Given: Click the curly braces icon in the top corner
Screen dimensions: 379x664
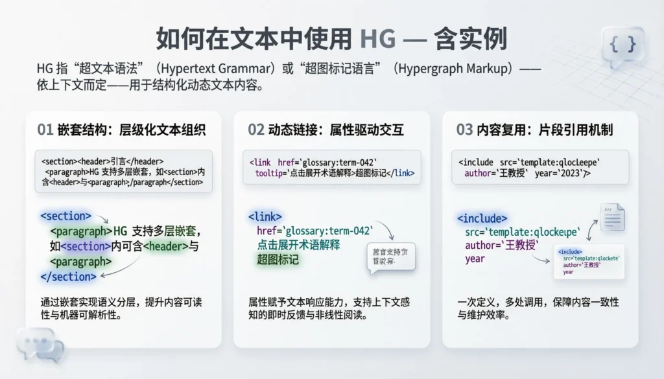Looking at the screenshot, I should pyautogui.click(x=622, y=44).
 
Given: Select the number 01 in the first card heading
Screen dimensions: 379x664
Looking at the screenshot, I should pyautogui.click(x=45, y=130).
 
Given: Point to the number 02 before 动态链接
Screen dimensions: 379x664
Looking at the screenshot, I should pyautogui.click(x=256, y=130).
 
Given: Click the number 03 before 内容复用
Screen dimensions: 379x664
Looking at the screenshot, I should pyautogui.click(x=464, y=130).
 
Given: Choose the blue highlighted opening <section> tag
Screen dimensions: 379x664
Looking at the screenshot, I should pyautogui.click(x=65, y=216).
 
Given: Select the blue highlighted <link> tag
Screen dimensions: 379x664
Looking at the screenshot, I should pyautogui.click(x=265, y=216).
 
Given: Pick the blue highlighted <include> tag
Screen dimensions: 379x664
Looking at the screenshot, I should pyautogui.click(x=482, y=218).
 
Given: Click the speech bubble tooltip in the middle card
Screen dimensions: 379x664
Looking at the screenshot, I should pyautogui.click(x=390, y=258).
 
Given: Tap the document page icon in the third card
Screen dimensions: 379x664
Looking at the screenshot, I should pyautogui.click(x=612, y=218).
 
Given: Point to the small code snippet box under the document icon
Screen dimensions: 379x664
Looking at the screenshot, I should pyautogui.click(x=589, y=261).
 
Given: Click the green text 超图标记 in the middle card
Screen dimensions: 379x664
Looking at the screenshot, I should pyautogui.click(x=278, y=260).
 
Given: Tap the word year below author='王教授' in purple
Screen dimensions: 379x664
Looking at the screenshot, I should pyautogui.click(x=475, y=259).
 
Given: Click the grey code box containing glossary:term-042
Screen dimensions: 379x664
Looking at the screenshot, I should pyautogui.click(x=331, y=167).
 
